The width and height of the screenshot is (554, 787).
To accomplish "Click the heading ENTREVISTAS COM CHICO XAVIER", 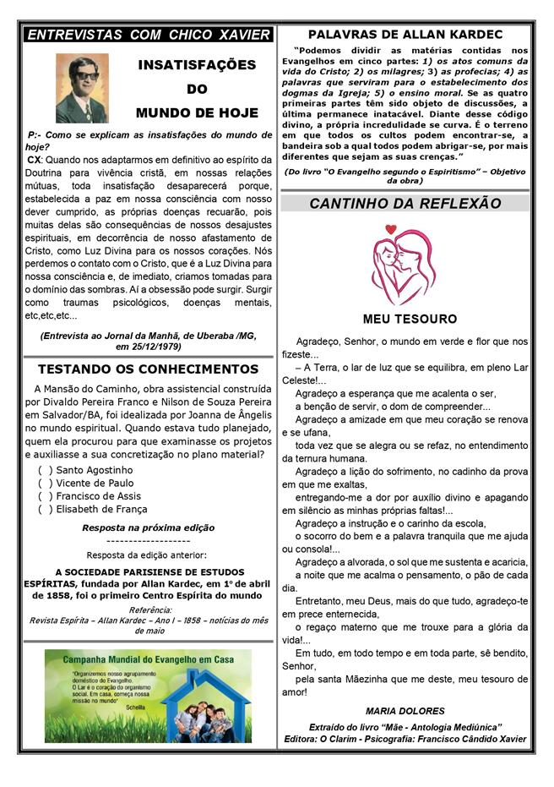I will (149, 35).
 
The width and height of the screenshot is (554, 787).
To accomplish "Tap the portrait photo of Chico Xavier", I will (82, 87).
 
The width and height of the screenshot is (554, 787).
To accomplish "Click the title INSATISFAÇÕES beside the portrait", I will (197, 65).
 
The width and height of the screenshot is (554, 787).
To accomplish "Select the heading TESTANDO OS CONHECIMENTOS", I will (148, 369).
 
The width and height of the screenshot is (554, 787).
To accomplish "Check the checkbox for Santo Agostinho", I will (45, 470).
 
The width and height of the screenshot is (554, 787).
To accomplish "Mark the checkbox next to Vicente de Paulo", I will (45, 483).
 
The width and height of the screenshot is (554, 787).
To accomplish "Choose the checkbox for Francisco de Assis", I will (45, 496).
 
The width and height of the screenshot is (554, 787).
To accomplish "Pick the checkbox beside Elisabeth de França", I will (45, 509).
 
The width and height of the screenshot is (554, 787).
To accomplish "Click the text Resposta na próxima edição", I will (148, 527).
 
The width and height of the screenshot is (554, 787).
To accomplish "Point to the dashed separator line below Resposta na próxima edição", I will (148, 541).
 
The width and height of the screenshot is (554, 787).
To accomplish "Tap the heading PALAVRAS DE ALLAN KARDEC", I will (405, 35).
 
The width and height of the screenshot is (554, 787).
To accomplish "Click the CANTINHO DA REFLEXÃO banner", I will (405, 203).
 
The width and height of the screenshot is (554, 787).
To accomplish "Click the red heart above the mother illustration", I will (390, 229).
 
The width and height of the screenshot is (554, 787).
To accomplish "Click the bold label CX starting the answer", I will (34, 159).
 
